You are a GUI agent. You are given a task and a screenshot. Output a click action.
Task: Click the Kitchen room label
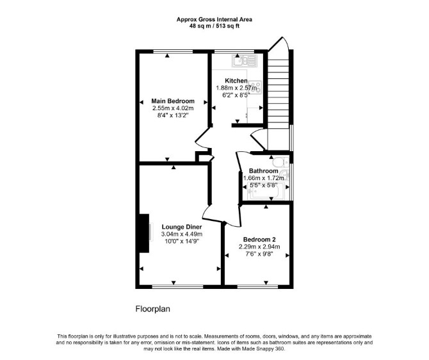236,81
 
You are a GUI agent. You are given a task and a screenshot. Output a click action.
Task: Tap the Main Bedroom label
173,101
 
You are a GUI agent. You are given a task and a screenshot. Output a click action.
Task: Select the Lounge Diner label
182,227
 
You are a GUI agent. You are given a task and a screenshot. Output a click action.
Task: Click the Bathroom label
263,171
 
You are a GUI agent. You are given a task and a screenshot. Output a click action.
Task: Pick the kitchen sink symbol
245,61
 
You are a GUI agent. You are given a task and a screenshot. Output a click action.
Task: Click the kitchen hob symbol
257,87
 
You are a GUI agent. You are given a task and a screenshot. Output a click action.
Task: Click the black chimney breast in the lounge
144,233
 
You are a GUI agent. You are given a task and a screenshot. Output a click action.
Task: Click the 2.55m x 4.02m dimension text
173,108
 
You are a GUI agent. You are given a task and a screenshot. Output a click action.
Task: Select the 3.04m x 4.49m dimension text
182,234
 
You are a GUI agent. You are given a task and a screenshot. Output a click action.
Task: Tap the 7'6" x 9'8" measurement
259,254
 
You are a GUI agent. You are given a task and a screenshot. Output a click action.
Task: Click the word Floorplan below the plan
152,309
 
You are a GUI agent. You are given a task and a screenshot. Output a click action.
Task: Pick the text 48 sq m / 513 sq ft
214,26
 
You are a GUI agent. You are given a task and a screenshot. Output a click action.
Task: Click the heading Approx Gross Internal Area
214,19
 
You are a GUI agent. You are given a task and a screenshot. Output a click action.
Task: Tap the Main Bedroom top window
173,51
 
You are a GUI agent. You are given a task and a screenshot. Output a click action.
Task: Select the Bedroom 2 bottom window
257,286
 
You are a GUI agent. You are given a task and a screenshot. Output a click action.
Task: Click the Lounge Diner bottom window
177,286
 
